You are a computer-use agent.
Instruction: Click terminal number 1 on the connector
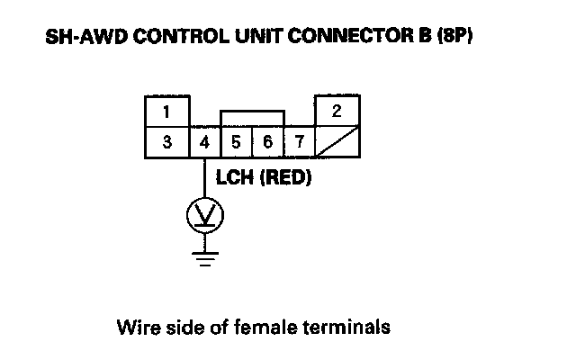pyautogui.click(x=167, y=112)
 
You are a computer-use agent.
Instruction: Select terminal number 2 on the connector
pyautogui.click(x=337, y=111)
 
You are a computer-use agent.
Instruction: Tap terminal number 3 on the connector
pyautogui.click(x=167, y=142)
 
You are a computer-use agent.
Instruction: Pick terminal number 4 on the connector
pyautogui.click(x=204, y=142)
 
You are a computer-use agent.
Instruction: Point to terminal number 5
pyautogui.click(x=236, y=142)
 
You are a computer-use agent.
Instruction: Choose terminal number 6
pyautogui.click(x=268, y=142)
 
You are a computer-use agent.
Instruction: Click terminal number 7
pyautogui.click(x=300, y=142)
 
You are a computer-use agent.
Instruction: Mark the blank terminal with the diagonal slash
pyautogui.click(x=337, y=142)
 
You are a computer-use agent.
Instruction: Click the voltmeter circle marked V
pyautogui.click(x=205, y=216)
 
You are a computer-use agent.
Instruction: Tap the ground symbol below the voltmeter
pyautogui.click(x=205, y=258)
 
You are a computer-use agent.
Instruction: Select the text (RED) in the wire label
pyautogui.click(x=285, y=178)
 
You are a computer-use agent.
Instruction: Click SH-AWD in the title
pyautogui.click(x=86, y=36)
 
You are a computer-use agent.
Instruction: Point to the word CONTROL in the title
pyautogui.click(x=181, y=36)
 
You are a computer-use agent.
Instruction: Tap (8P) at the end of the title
pyautogui.click(x=454, y=36)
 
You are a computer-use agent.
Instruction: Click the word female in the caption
pyautogui.click(x=265, y=327)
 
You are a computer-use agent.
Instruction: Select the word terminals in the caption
pyautogui.click(x=346, y=327)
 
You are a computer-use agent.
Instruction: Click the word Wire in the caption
pyautogui.click(x=139, y=327)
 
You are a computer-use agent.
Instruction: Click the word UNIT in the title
pyautogui.click(x=259, y=36)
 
